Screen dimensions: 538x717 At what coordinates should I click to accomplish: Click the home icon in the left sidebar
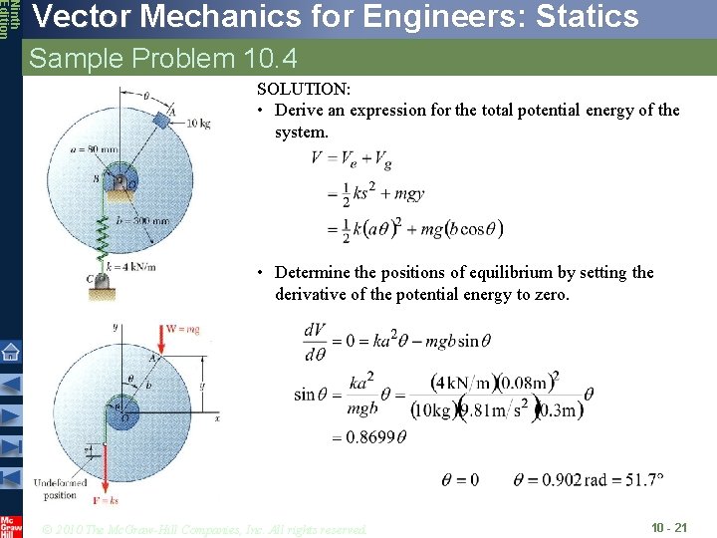[10, 351]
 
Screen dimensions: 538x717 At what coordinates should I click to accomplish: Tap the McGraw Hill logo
[10, 525]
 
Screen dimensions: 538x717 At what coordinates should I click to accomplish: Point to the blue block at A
[163, 121]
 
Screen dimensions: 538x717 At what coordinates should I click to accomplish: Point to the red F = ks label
[107, 500]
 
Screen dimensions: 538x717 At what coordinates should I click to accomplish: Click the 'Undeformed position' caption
[60, 488]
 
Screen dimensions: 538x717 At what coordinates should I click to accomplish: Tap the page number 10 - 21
[668, 527]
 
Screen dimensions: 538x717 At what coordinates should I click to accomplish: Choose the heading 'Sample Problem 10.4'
[163, 59]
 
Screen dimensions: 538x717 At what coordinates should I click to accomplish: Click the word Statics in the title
[570, 17]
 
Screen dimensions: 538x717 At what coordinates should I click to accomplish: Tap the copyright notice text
[204, 528]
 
